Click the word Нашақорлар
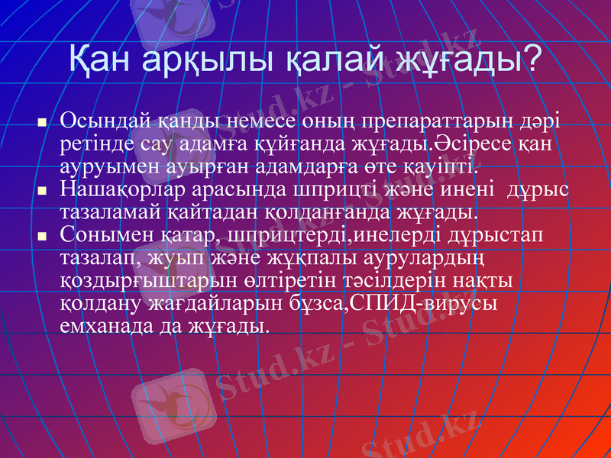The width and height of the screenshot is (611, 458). point(123,188)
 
